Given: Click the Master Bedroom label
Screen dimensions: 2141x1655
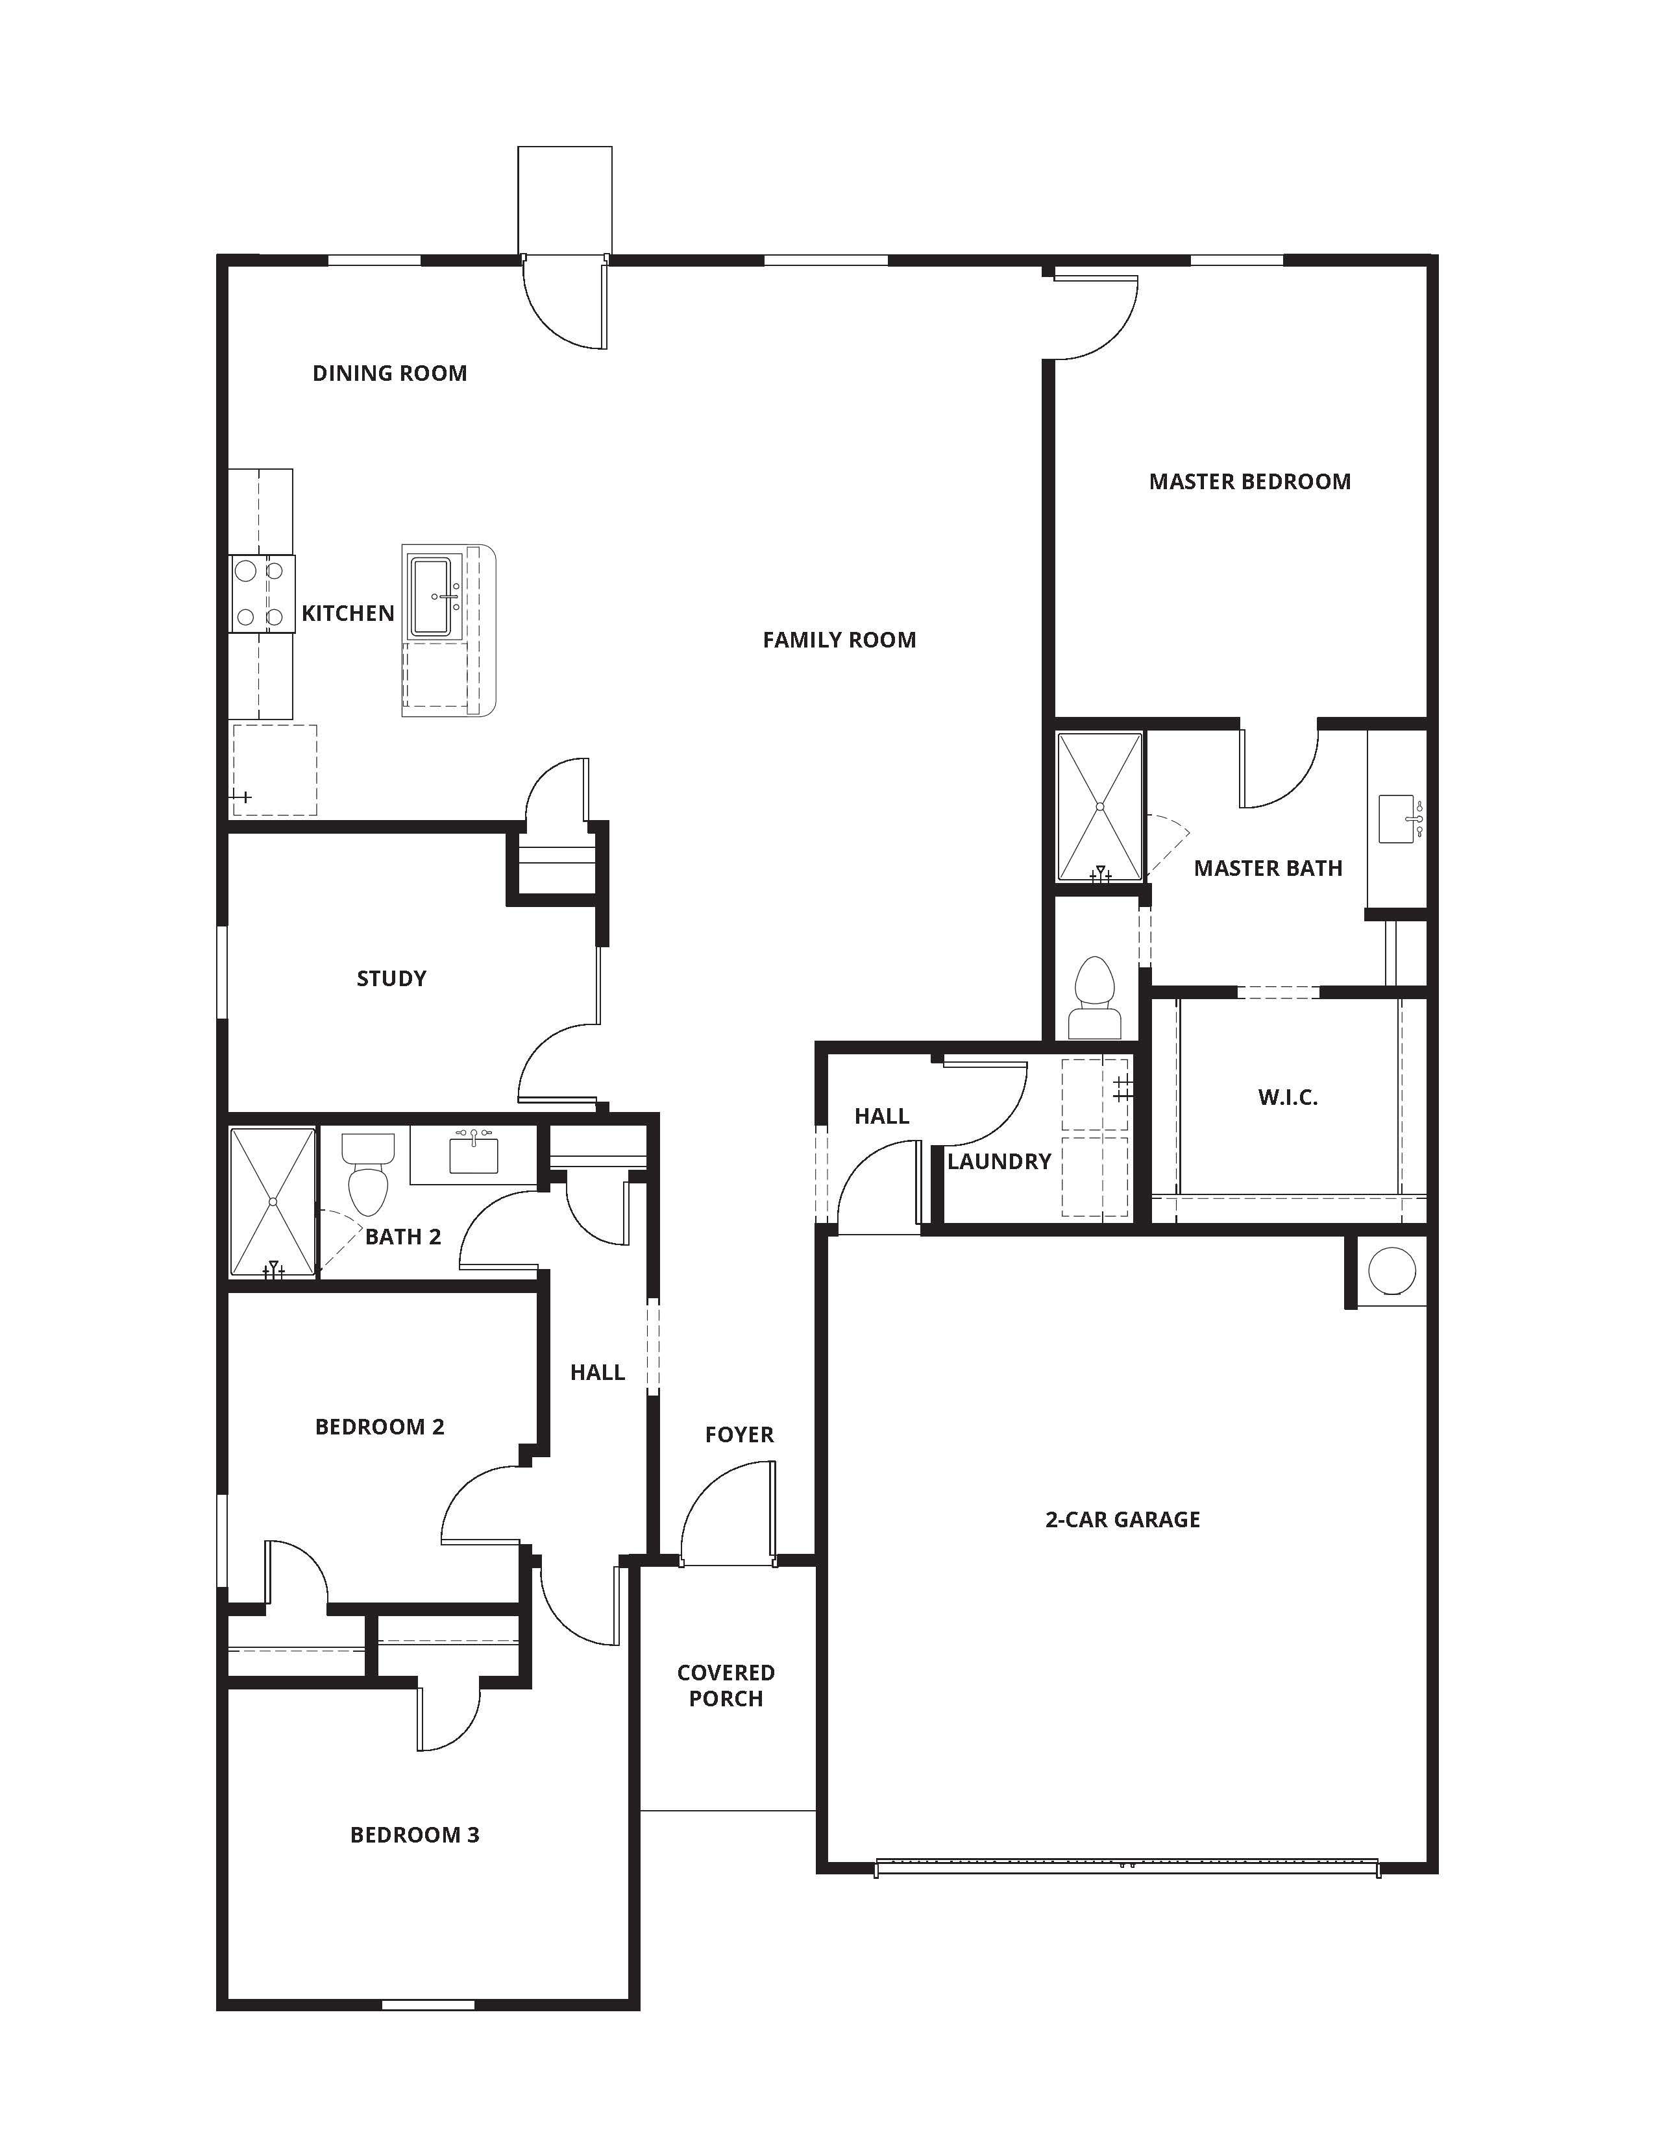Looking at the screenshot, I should (1249, 481).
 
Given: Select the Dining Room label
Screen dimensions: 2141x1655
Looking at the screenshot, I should (389, 374).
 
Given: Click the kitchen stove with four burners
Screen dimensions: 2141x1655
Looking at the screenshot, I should (261, 593).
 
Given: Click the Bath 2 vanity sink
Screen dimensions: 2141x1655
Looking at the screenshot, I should (474, 1153).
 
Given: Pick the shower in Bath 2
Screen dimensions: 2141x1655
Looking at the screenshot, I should (273, 1202).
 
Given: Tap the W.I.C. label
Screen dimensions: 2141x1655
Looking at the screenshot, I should (1288, 1098).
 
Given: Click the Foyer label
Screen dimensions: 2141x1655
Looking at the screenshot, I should (739, 1435).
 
